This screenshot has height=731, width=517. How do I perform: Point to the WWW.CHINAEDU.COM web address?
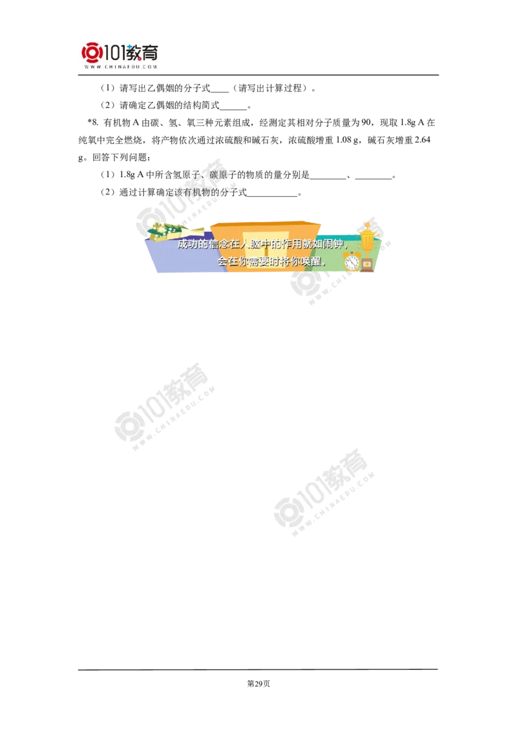[x=121, y=67]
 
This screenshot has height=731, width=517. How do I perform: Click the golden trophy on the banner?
[x=367, y=236]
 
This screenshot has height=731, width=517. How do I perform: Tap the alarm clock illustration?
[x=352, y=262]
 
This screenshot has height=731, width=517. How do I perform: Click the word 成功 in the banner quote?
[x=185, y=245]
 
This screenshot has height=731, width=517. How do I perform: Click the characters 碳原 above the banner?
[x=216, y=175]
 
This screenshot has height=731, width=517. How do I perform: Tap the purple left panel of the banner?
[x=174, y=258]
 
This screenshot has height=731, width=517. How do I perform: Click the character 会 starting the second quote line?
[x=222, y=262]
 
